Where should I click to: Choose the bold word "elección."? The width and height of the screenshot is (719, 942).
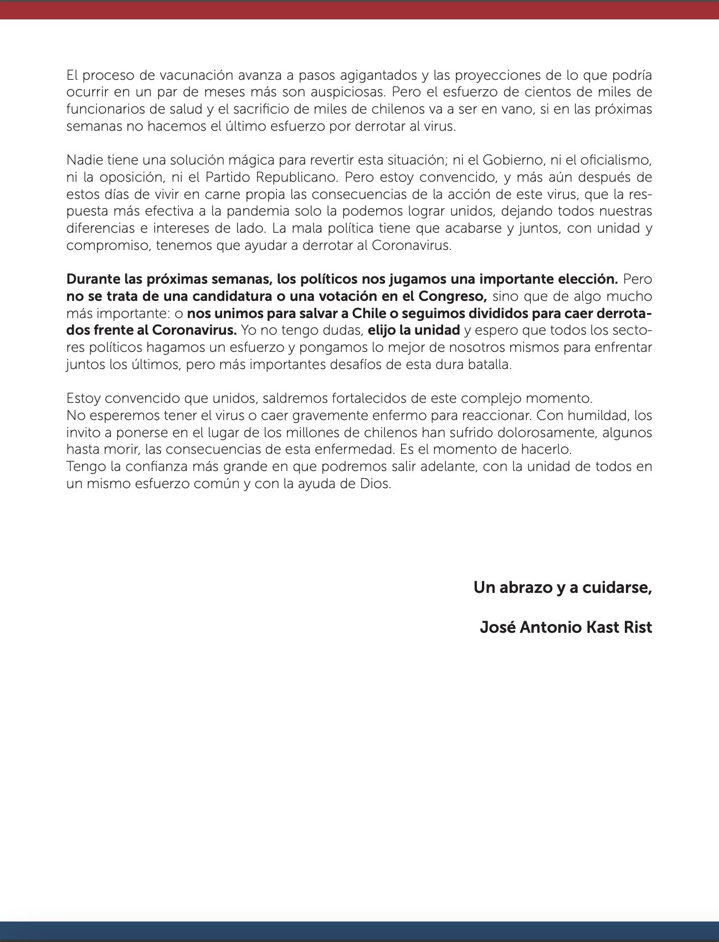pyautogui.click(x=586, y=279)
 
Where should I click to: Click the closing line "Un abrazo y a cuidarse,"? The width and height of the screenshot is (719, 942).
pyautogui.click(x=562, y=587)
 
